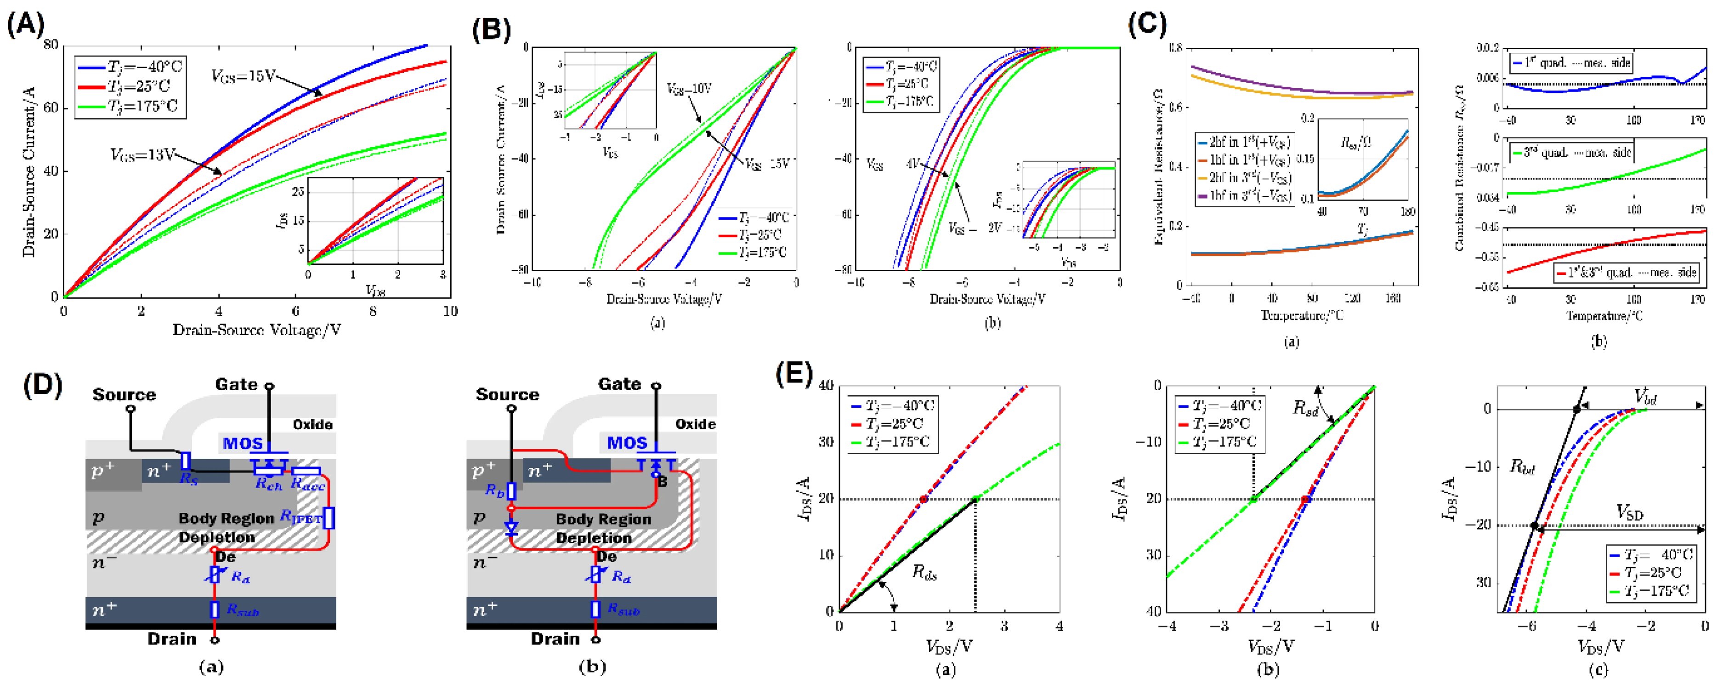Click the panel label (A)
click(25, 25)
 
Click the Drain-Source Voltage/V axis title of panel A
click(257, 330)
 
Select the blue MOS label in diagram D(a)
click(242, 444)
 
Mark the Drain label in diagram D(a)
click(172, 639)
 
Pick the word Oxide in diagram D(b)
click(695, 424)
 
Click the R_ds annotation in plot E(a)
click(925, 573)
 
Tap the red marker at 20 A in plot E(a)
click(924, 499)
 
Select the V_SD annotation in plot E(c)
click(1629, 513)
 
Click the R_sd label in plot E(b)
click(1304, 408)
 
